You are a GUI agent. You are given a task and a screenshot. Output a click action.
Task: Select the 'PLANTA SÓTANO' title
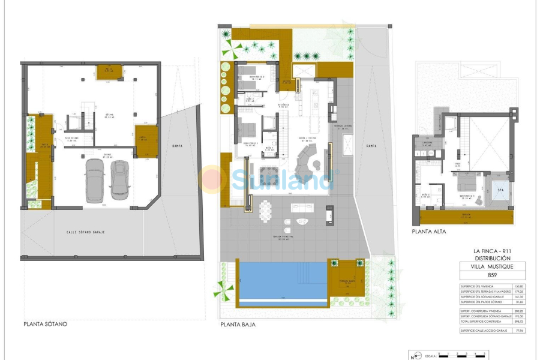[46, 324]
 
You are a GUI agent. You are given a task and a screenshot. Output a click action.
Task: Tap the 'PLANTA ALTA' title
[428, 231]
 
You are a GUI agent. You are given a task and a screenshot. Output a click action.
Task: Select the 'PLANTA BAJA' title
[238, 324]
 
